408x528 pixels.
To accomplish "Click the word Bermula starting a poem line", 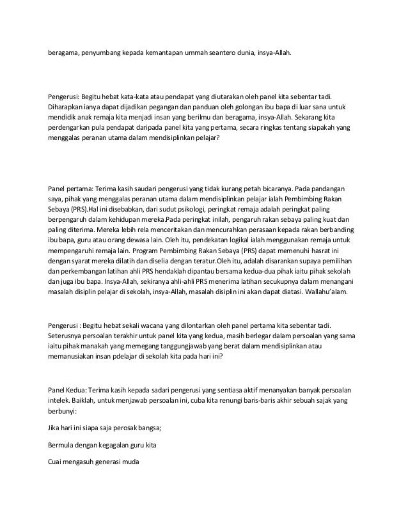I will coord(65,444).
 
